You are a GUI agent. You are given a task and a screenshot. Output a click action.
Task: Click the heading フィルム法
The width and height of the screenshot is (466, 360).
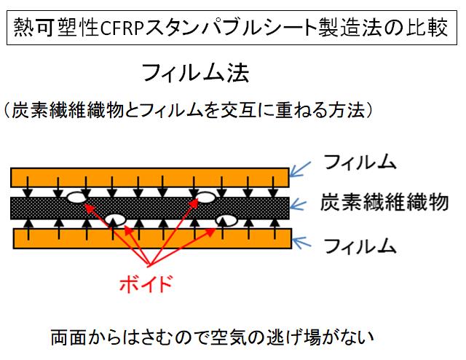pyautogui.click(x=196, y=73)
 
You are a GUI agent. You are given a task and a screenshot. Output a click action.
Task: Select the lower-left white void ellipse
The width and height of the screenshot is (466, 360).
pyautogui.click(x=115, y=218)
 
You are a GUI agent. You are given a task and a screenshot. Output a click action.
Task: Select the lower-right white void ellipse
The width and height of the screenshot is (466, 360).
pyautogui.click(x=226, y=219)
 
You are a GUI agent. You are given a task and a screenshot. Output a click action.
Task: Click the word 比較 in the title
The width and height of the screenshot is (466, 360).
pyautogui.click(x=425, y=29)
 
